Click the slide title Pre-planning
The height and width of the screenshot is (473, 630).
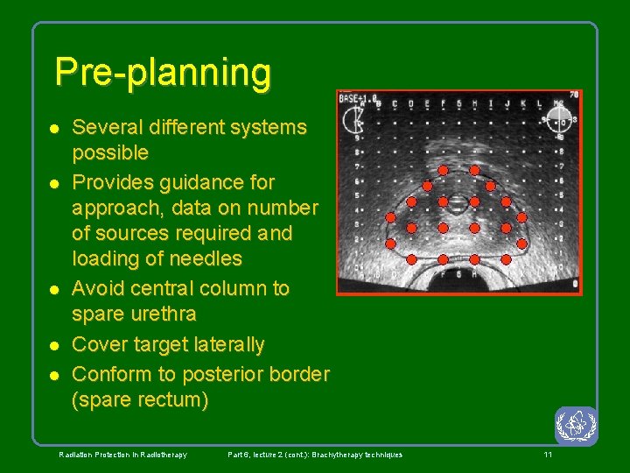point(163,72)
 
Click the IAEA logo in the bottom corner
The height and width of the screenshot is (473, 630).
point(576,426)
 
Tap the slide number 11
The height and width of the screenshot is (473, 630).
point(548,455)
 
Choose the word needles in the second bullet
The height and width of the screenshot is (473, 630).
point(203,259)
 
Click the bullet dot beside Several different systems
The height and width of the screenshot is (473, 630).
point(53,128)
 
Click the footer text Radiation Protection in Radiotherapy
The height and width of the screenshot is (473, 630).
point(122,455)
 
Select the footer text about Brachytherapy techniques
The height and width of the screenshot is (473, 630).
point(315,455)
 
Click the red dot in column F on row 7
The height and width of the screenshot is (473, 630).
point(443,169)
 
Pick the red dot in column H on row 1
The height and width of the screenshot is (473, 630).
point(474,259)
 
